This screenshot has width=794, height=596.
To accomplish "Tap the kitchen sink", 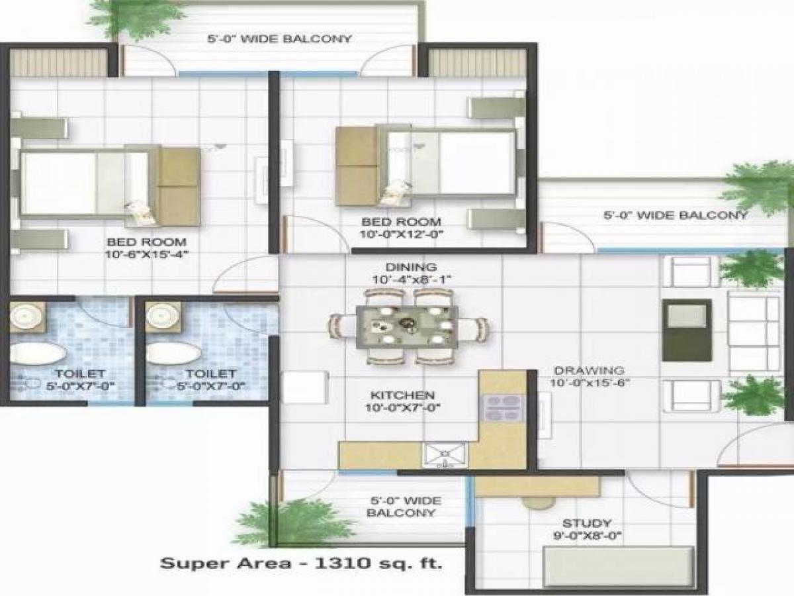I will pyautogui.click(x=444, y=455).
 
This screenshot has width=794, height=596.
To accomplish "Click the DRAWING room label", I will pyautogui.click(x=589, y=370).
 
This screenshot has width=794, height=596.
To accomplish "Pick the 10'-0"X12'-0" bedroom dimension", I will pyautogui.click(x=401, y=234).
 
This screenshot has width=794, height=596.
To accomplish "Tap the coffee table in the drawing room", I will pyautogui.click(x=687, y=330).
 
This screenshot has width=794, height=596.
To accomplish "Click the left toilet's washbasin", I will pyautogui.click(x=27, y=317).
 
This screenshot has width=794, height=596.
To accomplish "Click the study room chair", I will pyautogui.click(x=538, y=501).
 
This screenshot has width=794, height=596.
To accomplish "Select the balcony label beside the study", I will pyautogui.click(x=402, y=507).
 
